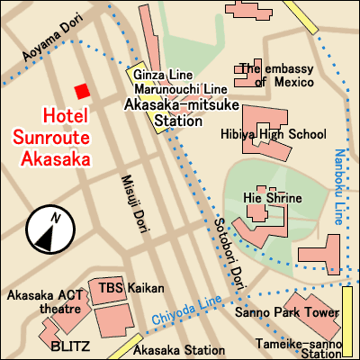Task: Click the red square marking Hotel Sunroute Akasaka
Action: [82, 91]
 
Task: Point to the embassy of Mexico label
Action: [274, 75]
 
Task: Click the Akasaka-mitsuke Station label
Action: [177, 112]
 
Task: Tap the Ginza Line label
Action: [164, 74]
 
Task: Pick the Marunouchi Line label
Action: [180, 89]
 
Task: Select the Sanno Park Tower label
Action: [286, 314]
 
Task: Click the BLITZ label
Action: [68, 346]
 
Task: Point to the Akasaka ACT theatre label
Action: [45, 301]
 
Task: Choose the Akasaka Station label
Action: [182, 350]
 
